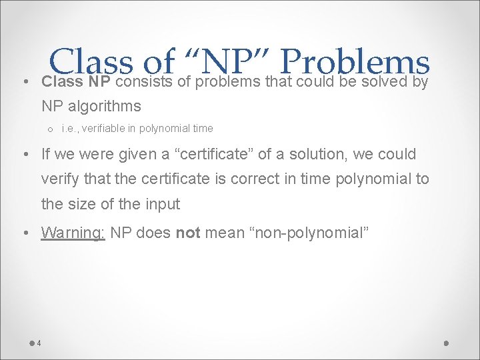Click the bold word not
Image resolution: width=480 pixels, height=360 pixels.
coord(187,233)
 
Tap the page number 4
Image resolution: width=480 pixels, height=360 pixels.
coord(39,343)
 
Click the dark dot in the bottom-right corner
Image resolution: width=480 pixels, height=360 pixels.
coord(447,343)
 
